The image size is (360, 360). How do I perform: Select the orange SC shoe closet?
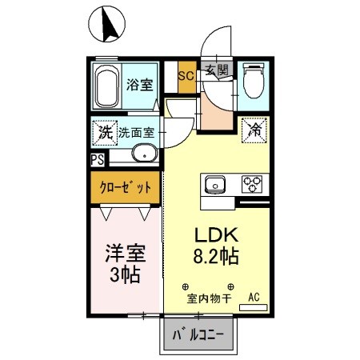pos(186,78)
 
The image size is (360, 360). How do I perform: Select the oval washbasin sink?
pos(142,154)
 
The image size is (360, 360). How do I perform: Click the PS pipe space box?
pos(97,159)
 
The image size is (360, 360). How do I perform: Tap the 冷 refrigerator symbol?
pos(255,128)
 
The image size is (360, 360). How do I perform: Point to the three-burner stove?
pos(253,185)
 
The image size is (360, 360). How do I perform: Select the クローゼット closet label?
pos(125,189)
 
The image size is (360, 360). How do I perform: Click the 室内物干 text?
pos(209,300)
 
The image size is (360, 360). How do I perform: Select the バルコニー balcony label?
pos(201,334)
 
